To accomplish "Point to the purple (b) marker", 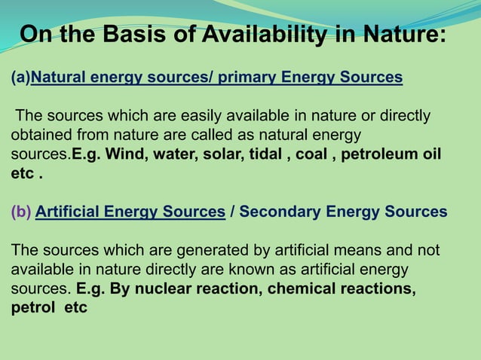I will click(20, 212).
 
